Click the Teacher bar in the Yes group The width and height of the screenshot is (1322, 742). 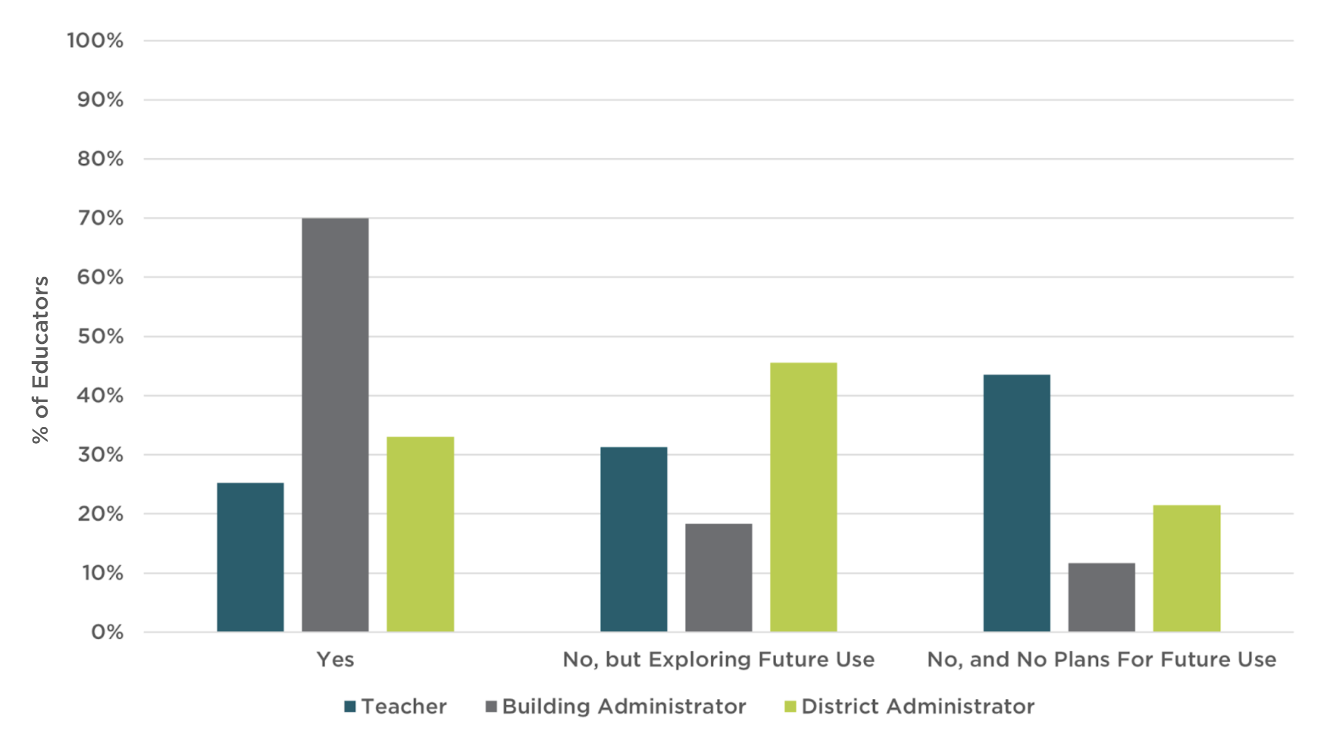[x=250, y=557]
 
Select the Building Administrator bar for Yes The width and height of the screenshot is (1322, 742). [x=335, y=425]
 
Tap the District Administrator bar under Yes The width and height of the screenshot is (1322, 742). [x=420, y=534]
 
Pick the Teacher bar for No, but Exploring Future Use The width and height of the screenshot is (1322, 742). [x=634, y=539]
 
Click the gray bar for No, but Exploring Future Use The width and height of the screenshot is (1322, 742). [x=718, y=578]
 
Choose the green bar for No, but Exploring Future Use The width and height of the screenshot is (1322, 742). [x=803, y=497]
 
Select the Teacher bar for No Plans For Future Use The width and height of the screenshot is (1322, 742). [x=1017, y=503]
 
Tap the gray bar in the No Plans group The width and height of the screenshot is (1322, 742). [x=1101, y=597]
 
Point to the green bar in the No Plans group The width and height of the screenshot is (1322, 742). [x=1186, y=568]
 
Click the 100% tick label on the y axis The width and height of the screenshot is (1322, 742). [x=95, y=40]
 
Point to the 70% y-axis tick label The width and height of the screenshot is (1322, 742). [x=100, y=218]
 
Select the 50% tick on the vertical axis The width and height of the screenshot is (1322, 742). [x=100, y=336]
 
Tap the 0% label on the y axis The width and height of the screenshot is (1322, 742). [x=107, y=632]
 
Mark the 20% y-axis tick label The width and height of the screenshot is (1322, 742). [x=100, y=514]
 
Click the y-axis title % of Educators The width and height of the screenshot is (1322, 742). [x=40, y=359]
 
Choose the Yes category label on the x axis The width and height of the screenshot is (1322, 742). [x=335, y=659]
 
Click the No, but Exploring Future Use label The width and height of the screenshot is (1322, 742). [x=718, y=659]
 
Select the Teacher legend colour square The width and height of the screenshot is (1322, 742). [x=350, y=707]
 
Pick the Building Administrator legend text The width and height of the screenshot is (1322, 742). [x=624, y=707]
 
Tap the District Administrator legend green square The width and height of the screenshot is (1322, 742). [x=791, y=707]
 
